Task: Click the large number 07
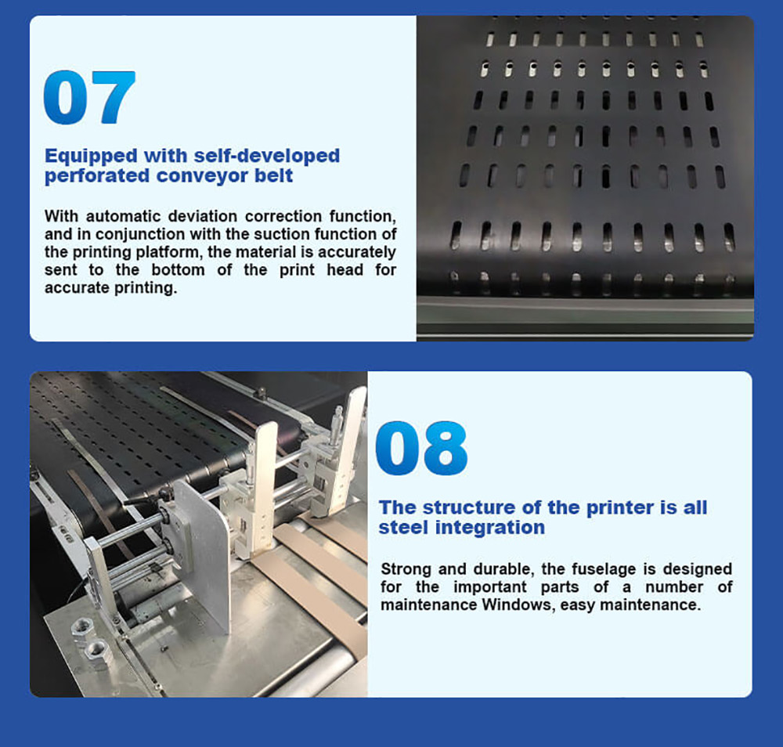89,97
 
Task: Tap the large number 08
421,448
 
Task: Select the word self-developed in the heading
267,155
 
